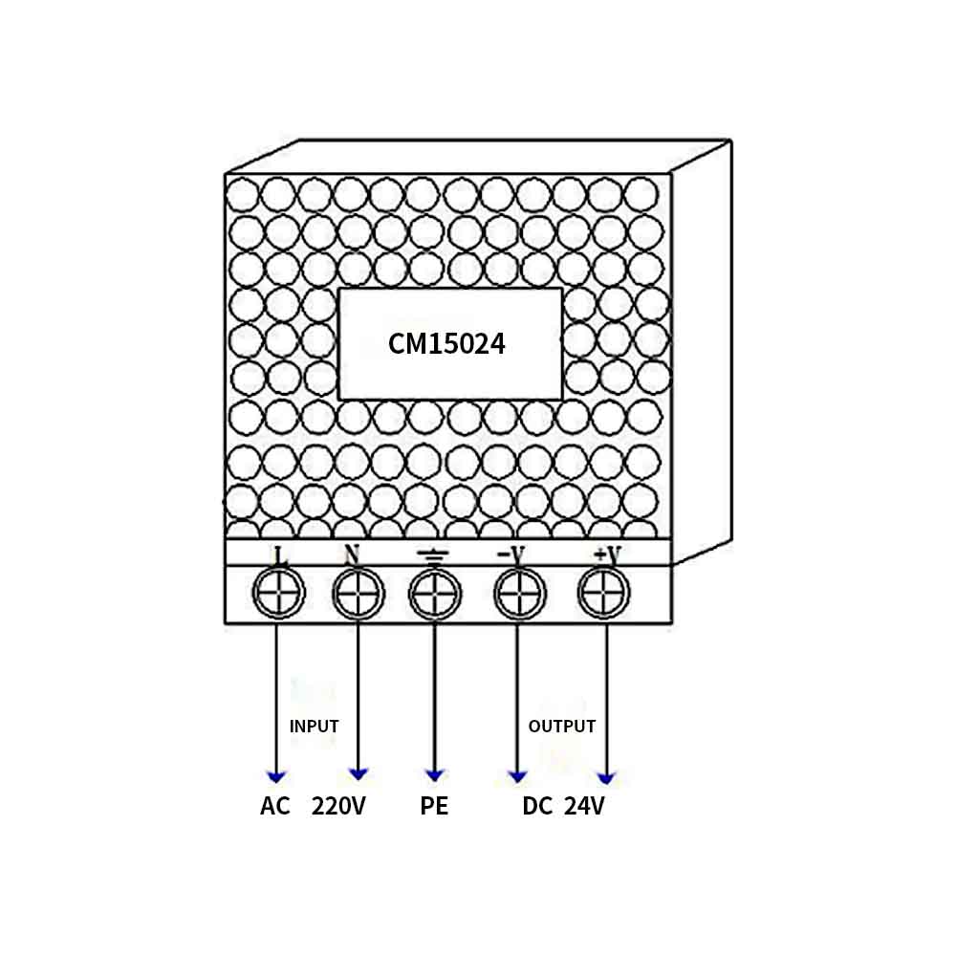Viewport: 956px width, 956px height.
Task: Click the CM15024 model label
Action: point(446,344)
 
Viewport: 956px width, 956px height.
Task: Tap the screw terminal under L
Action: point(278,593)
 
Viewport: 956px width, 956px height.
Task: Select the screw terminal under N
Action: point(358,593)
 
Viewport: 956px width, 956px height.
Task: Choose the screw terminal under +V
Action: point(603,592)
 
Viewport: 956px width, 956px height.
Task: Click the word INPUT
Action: point(314,727)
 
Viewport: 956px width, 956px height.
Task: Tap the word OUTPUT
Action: point(562,727)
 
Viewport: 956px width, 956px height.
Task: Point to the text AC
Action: point(275,806)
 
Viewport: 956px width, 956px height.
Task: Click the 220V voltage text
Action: point(338,806)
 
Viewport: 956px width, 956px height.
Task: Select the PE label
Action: point(434,806)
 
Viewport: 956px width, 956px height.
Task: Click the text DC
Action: point(537,806)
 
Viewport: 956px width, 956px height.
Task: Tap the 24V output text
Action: point(584,806)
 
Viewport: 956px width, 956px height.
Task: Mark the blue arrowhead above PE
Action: point(435,775)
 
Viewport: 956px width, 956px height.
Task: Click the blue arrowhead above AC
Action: point(277,776)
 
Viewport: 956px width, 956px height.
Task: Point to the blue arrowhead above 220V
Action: point(358,774)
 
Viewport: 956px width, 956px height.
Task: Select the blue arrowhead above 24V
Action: point(606,778)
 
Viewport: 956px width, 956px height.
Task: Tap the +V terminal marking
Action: point(607,554)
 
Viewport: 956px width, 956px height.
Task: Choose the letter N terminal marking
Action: point(352,554)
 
